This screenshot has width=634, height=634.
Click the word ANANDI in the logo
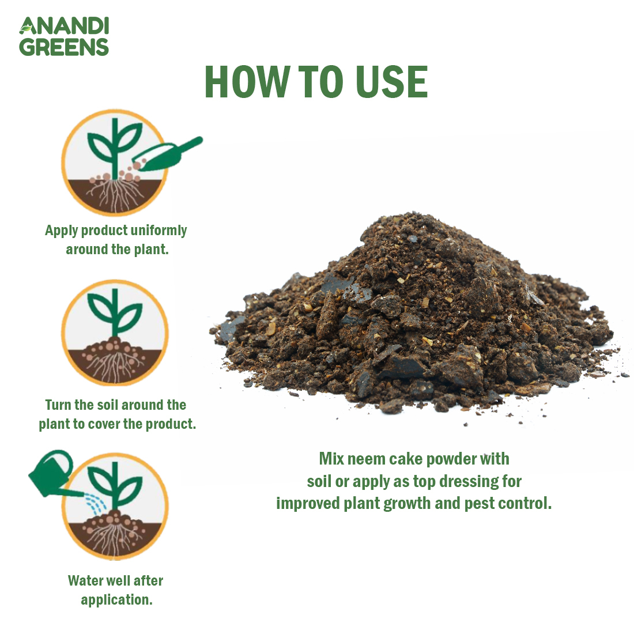click(x=64, y=27)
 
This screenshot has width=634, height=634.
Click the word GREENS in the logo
click(x=64, y=47)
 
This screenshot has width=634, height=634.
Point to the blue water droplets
click(x=95, y=504)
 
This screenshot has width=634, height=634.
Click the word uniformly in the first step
click(x=158, y=231)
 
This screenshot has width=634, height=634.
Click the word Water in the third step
click(x=86, y=580)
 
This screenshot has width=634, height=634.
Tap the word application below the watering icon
click(x=116, y=600)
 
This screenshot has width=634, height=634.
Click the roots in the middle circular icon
click(x=115, y=366)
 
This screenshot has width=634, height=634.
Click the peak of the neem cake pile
click(x=403, y=222)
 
